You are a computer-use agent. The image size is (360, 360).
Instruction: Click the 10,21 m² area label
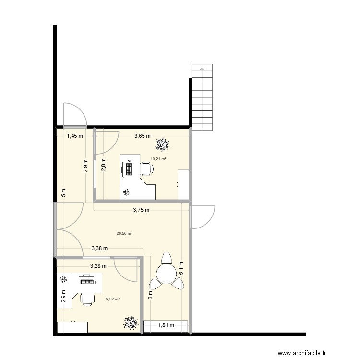pos(158,159)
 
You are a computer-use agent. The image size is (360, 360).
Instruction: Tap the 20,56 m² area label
pos(124,234)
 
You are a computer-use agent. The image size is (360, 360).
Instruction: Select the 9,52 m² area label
pos(112,299)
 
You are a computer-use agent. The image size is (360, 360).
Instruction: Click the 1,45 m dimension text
pos(75,136)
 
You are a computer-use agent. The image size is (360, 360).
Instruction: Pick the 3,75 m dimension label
pos(141,210)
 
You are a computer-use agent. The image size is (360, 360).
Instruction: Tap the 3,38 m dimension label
pos(99,248)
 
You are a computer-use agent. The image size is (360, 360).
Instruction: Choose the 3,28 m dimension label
pos(98,265)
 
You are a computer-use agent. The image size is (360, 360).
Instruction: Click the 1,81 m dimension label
pos(166,325)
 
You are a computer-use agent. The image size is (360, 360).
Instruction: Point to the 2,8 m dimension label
pos(103,166)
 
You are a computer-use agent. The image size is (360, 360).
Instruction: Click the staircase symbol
pos(202,97)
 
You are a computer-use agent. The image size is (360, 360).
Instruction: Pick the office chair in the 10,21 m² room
pos(147,168)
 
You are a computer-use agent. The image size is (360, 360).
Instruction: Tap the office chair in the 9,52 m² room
pos(87,299)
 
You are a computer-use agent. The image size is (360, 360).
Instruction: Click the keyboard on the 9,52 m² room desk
pos(86,281)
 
